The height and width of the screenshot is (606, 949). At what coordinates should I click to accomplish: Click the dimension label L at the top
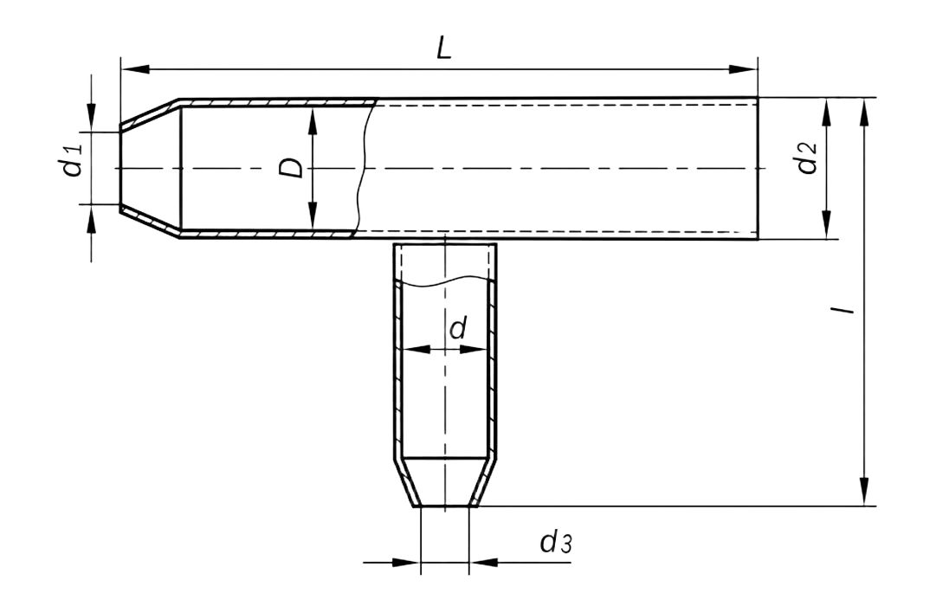tap(444, 49)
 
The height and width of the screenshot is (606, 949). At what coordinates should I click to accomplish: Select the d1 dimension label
tap(74, 159)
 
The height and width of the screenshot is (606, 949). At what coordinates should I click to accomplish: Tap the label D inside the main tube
tap(291, 168)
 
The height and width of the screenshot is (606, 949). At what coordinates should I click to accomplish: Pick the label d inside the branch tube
tap(458, 327)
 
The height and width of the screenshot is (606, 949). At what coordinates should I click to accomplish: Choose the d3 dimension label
tap(556, 543)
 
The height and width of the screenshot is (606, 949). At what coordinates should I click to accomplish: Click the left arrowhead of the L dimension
tap(134, 68)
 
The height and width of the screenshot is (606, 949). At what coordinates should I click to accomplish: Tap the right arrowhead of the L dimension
tap(743, 68)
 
